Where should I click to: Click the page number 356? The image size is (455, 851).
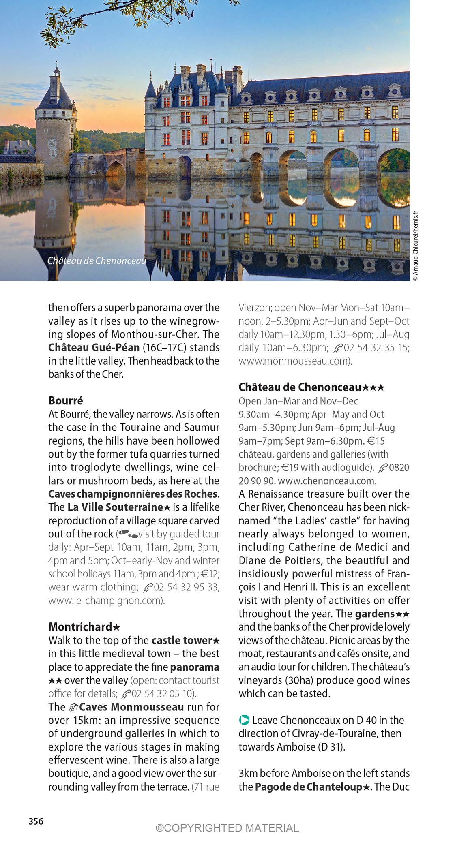tap(36, 821)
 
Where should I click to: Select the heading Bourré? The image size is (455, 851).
tap(66, 400)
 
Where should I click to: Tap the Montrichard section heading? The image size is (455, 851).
tap(80, 627)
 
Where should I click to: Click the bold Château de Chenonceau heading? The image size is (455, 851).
tap(300, 387)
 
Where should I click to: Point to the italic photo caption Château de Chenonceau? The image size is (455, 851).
tap(97, 261)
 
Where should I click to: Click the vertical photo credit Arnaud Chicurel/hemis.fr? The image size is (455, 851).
tap(415, 247)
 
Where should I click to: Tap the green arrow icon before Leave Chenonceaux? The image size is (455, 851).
tap(244, 720)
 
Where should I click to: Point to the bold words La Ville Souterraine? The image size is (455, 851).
tap(115, 507)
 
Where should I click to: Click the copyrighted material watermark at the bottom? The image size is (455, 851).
tap(227, 827)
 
